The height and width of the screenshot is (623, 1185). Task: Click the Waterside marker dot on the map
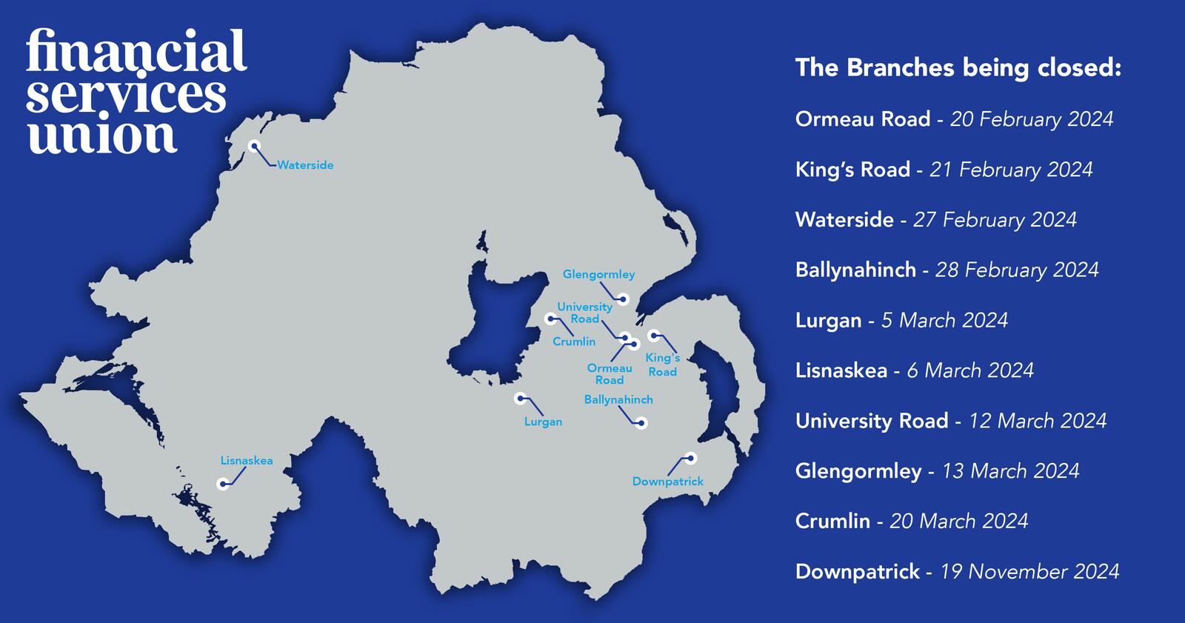click(254, 146)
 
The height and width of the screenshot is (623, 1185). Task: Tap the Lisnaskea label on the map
click(247, 461)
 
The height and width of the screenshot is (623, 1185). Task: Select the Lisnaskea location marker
click(222, 484)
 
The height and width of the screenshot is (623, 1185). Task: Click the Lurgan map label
click(543, 422)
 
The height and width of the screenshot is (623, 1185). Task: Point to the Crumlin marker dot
click(550, 319)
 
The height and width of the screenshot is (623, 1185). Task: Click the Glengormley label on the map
click(598, 275)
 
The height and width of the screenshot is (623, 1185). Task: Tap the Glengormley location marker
click(624, 299)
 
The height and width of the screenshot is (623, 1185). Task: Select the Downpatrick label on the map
click(667, 482)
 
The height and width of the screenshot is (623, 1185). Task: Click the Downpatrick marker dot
click(690, 458)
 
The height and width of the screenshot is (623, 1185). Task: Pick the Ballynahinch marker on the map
click(641, 423)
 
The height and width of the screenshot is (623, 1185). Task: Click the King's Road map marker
click(654, 336)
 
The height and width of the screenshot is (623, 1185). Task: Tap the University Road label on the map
click(584, 313)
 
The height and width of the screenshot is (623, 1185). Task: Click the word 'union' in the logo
click(101, 136)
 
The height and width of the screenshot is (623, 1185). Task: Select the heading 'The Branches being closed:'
click(958, 68)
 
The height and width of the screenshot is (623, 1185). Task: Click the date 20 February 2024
click(1032, 119)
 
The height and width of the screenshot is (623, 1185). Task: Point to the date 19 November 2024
click(1029, 572)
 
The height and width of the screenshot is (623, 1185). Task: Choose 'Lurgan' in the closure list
click(828, 321)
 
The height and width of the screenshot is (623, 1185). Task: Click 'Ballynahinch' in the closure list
click(855, 270)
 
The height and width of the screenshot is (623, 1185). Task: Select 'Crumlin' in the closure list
click(832, 522)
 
